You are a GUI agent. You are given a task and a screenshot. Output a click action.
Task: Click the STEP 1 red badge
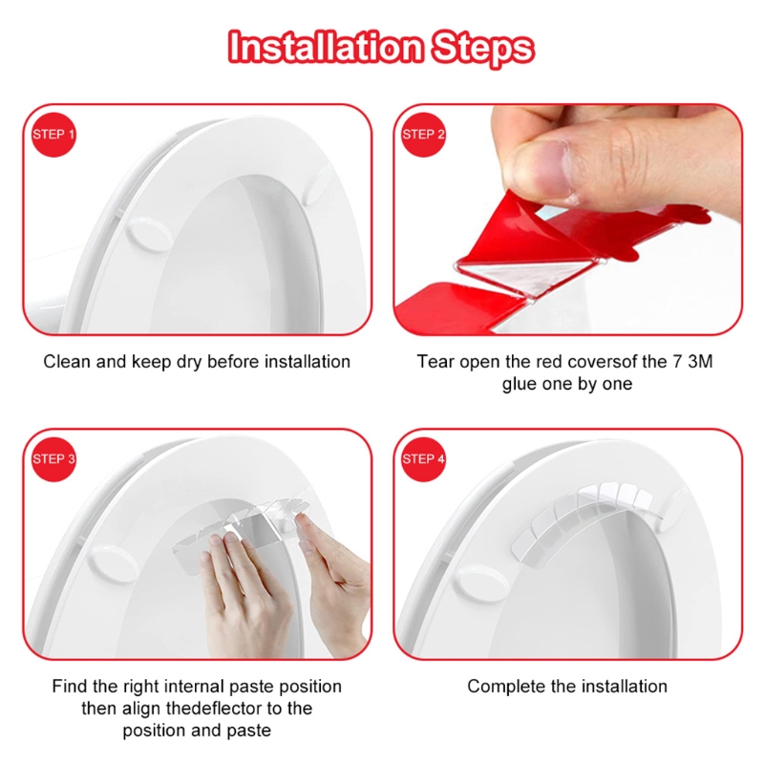tap(54, 135)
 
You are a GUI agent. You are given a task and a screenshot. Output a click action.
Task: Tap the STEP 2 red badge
tap(423, 135)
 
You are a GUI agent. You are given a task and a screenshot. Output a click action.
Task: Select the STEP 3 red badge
tap(54, 459)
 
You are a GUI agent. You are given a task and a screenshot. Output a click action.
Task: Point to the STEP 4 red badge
tap(423, 459)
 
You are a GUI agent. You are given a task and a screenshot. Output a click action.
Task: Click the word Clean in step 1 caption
tap(67, 362)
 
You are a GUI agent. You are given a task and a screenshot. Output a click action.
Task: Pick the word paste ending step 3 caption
tap(249, 731)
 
